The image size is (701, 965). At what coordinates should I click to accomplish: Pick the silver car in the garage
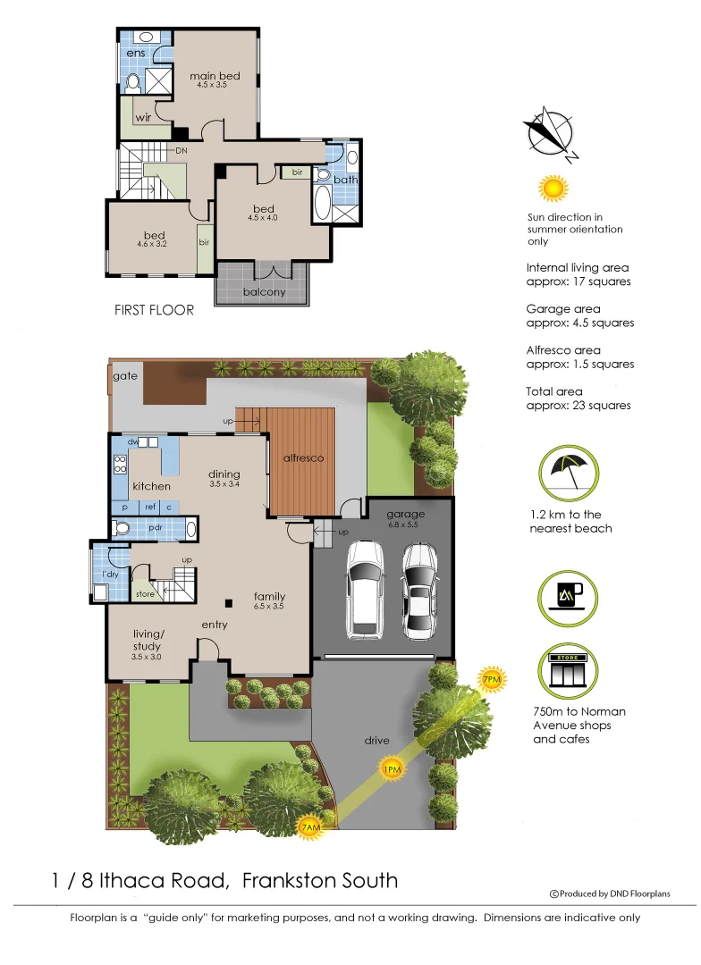(x=419, y=589)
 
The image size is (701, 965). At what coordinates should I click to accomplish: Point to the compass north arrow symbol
(x=550, y=133)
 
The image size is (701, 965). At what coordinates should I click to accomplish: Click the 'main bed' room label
(x=215, y=76)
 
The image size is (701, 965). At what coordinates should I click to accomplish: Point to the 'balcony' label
(x=265, y=292)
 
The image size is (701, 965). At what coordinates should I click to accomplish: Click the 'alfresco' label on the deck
(x=303, y=458)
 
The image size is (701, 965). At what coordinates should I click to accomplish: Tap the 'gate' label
(x=125, y=376)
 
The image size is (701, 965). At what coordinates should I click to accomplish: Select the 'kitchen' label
(x=151, y=486)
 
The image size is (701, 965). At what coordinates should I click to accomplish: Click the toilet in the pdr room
(x=124, y=529)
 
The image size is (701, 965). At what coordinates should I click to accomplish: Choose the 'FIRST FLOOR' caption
(x=154, y=311)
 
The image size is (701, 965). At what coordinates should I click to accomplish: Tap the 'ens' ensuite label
(x=135, y=53)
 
